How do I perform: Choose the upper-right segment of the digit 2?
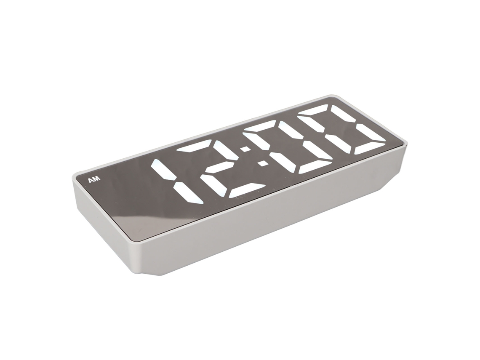[226, 151]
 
